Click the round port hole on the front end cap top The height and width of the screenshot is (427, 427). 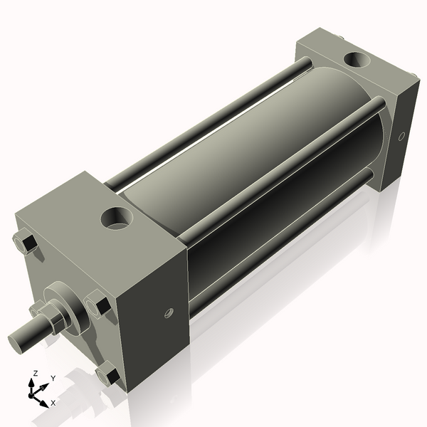pos(117,218)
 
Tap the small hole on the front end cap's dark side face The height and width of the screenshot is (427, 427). pos(169,313)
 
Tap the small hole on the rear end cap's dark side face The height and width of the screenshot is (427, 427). pos(401,136)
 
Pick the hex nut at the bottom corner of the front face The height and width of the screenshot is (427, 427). pos(107,374)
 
